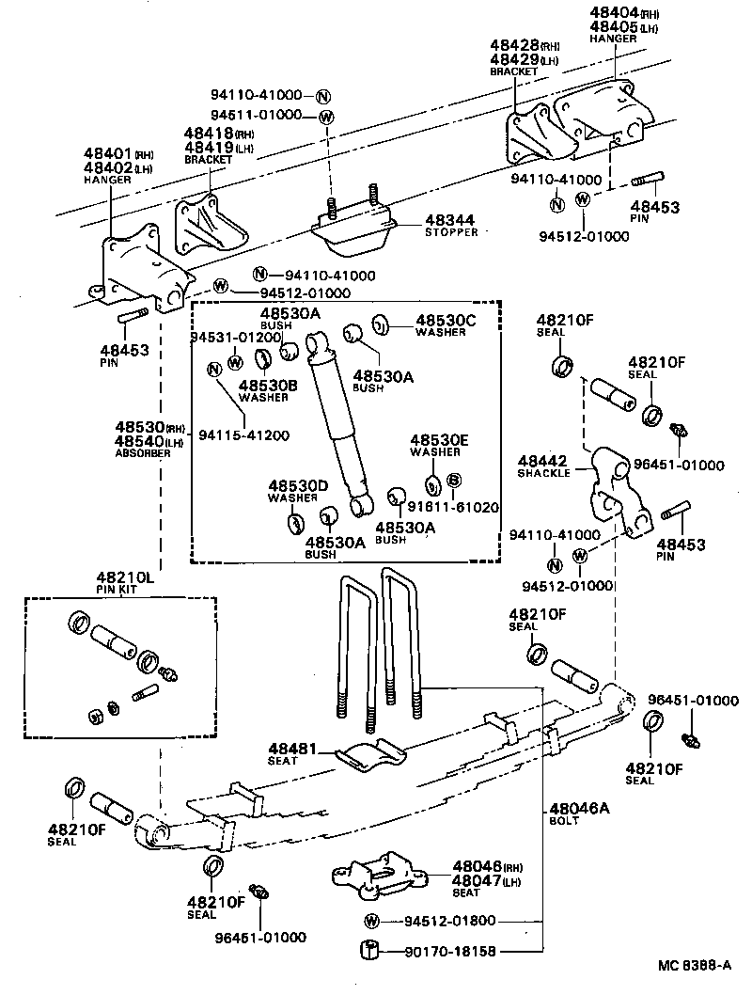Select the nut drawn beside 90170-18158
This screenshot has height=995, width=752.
[x=370, y=951]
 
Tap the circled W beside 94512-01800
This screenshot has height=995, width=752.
[x=372, y=921]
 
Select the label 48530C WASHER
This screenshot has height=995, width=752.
[x=446, y=325]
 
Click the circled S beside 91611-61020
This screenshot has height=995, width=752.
[x=454, y=481]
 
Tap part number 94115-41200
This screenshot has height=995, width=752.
[x=243, y=435]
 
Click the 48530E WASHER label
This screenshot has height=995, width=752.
[x=438, y=445]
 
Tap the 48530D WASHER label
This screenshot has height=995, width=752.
[x=298, y=491]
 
